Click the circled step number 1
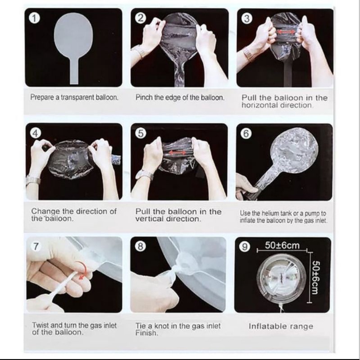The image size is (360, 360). (x=34, y=18)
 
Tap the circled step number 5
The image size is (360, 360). (x=141, y=133)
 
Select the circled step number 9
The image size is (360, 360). (x=244, y=247)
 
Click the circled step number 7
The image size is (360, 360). (x=36, y=246)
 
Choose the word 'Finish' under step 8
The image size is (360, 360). (x=146, y=333)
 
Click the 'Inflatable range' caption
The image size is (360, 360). (x=281, y=326)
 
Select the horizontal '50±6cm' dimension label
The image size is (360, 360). (x=282, y=246)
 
